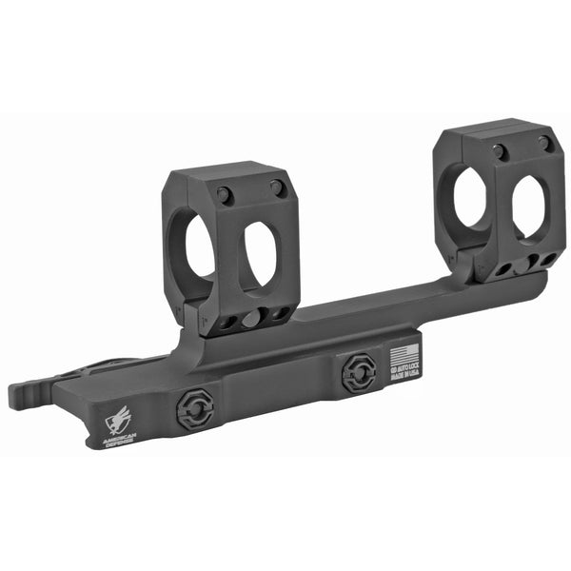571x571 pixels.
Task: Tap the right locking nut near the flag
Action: (358, 372)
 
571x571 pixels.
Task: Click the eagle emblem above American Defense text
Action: (122, 416)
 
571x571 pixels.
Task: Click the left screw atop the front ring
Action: (225, 195)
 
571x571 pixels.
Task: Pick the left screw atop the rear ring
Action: (499, 151)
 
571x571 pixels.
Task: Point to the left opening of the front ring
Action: (199, 249)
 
